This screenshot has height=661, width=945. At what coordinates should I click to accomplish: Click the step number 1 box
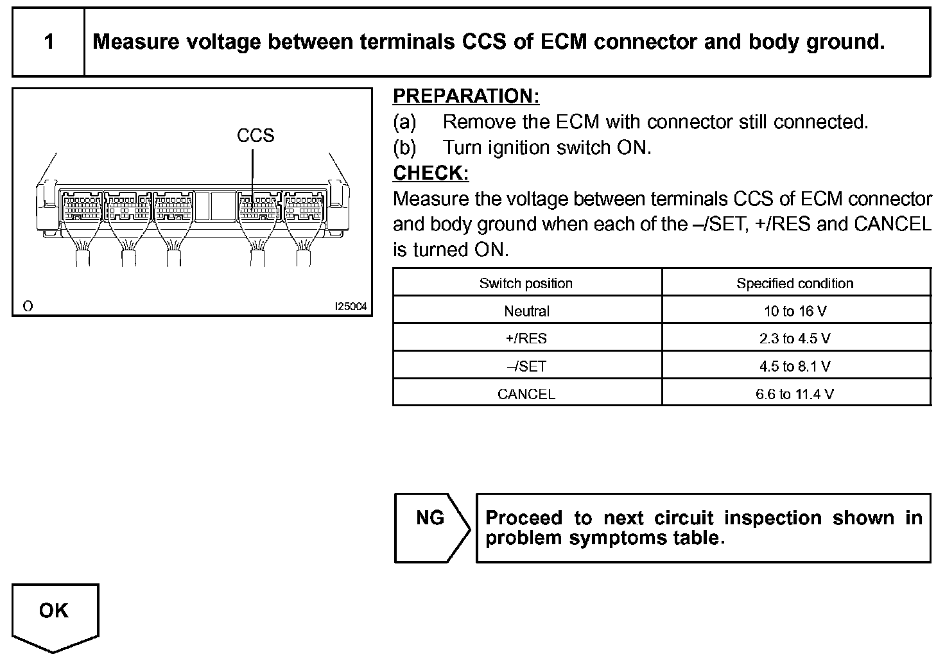(49, 42)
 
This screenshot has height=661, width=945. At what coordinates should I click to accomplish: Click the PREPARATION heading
(465, 96)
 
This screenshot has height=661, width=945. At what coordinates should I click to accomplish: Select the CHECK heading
(430, 173)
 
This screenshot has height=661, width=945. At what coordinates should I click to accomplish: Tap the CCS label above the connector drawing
(256, 135)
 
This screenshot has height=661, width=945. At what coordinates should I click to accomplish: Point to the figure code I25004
(351, 307)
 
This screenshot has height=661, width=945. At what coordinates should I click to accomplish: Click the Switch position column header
(526, 283)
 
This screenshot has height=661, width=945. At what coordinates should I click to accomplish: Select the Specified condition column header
(795, 283)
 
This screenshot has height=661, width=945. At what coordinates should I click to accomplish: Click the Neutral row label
(526, 311)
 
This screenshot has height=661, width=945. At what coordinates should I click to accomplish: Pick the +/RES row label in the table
(526, 339)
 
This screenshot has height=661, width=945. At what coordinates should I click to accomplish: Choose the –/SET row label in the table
(526, 366)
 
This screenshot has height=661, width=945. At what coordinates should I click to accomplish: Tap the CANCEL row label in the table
(526, 394)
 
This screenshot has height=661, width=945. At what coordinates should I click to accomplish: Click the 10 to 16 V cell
(795, 311)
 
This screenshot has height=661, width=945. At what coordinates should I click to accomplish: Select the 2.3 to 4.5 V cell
(795, 339)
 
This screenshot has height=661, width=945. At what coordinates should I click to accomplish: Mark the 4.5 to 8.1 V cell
(795, 366)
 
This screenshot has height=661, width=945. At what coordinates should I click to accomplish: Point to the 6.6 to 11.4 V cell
(795, 394)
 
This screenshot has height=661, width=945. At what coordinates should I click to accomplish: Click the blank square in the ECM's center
(215, 206)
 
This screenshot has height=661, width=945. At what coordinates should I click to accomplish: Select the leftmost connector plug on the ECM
(82, 207)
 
